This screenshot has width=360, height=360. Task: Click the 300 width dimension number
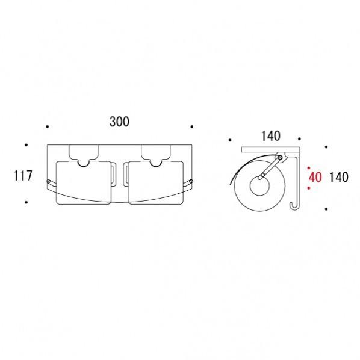(x=119, y=122)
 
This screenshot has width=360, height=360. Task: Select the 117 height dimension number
(x=23, y=176)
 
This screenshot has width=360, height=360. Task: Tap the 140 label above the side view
(x=271, y=136)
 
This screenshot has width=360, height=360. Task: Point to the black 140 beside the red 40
(x=339, y=177)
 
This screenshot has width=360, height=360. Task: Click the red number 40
(x=315, y=177)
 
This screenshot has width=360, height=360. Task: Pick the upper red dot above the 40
(x=309, y=168)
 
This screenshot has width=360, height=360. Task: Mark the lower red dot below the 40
(x=309, y=188)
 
